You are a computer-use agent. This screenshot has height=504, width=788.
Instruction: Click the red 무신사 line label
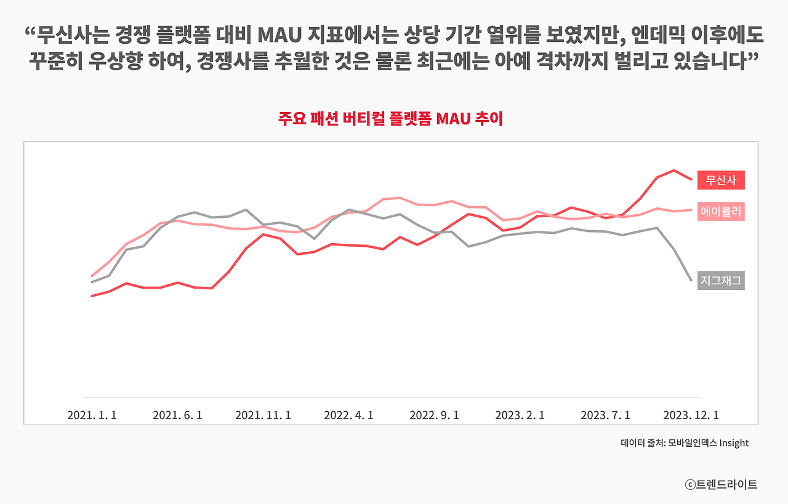coord(721,180)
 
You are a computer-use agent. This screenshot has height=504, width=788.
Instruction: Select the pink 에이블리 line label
coord(721,211)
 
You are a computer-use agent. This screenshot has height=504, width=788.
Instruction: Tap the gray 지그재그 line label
coord(721,281)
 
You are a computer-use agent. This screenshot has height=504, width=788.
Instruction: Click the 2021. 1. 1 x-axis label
coord(92,415)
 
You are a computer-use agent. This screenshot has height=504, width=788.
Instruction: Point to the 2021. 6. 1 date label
coord(177,415)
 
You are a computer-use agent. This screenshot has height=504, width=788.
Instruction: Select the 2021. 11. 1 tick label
coord(263,415)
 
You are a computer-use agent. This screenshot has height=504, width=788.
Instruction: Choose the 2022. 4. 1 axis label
coord(348,415)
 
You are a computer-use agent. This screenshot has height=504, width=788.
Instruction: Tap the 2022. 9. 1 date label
coord(434,415)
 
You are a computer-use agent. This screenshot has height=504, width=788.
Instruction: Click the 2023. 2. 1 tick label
coord(520,415)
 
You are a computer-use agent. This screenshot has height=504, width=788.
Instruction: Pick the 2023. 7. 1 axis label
coord(605,415)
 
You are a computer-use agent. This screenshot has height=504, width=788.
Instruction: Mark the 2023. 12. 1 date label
coord(691,415)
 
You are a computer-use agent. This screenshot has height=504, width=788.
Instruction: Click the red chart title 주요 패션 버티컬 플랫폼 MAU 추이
coord(390,119)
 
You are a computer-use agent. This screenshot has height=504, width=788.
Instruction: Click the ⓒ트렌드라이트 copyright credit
coord(721,484)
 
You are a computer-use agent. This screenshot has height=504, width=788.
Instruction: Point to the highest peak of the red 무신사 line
coord(673,170)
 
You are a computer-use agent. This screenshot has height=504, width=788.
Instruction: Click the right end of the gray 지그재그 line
coord(691,281)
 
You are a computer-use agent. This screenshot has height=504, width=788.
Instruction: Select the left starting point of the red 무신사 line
coord(92,296)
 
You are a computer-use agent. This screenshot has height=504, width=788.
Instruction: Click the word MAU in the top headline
coord(279,35)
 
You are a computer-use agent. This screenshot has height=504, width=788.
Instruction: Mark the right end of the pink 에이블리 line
coord(691,210)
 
